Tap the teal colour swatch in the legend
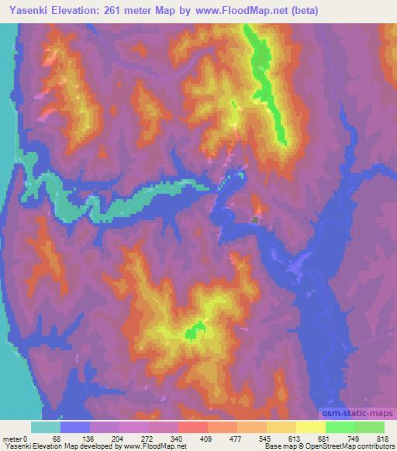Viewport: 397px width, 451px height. pyautogui.click(x=46, y=427)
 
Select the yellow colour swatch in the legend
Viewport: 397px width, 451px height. pyautogui.click(x=310, y=427)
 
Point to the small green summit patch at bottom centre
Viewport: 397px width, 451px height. pyautogui.click(x=192, y=333)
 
